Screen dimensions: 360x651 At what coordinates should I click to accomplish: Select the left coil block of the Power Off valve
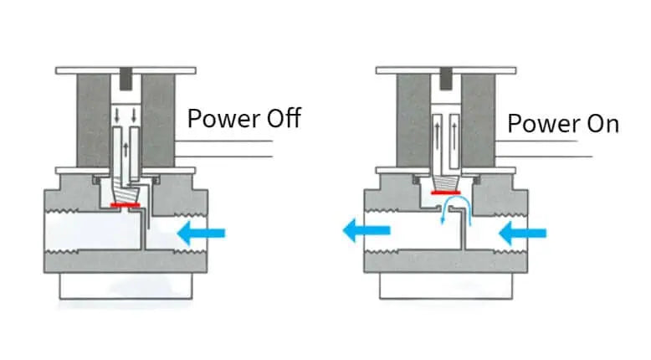92,121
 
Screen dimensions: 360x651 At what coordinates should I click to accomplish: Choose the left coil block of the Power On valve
413,121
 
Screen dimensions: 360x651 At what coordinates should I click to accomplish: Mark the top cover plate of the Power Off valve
126,70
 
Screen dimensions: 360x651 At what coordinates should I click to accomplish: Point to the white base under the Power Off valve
126,287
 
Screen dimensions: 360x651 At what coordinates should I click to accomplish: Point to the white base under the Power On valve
448,285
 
